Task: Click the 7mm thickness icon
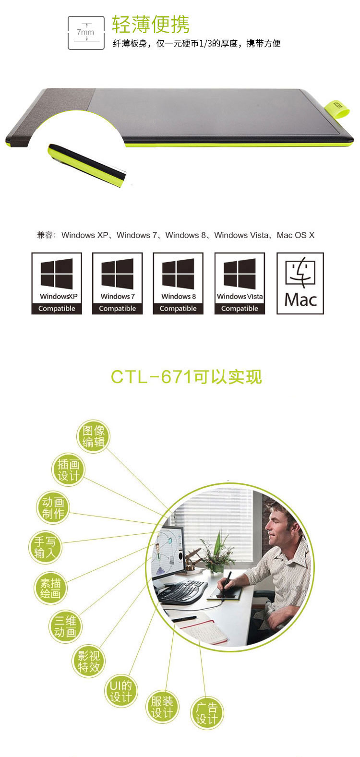86,33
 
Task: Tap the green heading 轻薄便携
150,24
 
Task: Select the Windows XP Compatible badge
57,283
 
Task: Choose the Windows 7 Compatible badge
117,283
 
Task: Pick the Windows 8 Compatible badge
178,283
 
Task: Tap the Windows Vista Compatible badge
240,283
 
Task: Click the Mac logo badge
300,283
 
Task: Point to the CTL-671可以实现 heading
186,377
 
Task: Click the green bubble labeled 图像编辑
93,436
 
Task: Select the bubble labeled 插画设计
68,470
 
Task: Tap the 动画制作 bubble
53,507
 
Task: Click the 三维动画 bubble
65,626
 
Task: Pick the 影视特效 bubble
89,661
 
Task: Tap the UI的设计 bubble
120,691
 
